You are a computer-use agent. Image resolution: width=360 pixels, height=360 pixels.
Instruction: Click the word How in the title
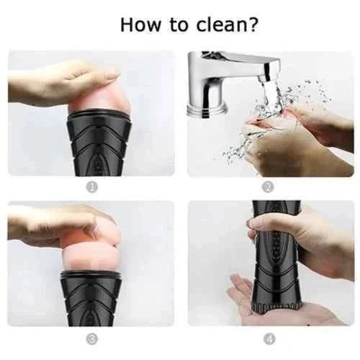140,24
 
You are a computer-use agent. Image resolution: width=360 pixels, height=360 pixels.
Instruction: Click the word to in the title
179,25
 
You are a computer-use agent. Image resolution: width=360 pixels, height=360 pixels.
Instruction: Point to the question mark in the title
253,24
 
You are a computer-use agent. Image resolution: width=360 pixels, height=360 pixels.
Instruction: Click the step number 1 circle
92,187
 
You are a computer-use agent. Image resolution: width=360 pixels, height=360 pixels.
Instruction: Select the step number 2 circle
268,187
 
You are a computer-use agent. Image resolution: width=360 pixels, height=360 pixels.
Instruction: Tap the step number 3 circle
92,340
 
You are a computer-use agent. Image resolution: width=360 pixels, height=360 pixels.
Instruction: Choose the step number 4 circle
269,340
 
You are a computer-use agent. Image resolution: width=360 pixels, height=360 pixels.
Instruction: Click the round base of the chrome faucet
207,111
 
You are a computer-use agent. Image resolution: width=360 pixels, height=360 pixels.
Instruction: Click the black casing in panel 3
91,298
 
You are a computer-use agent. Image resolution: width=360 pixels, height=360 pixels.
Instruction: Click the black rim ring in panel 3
91,275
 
